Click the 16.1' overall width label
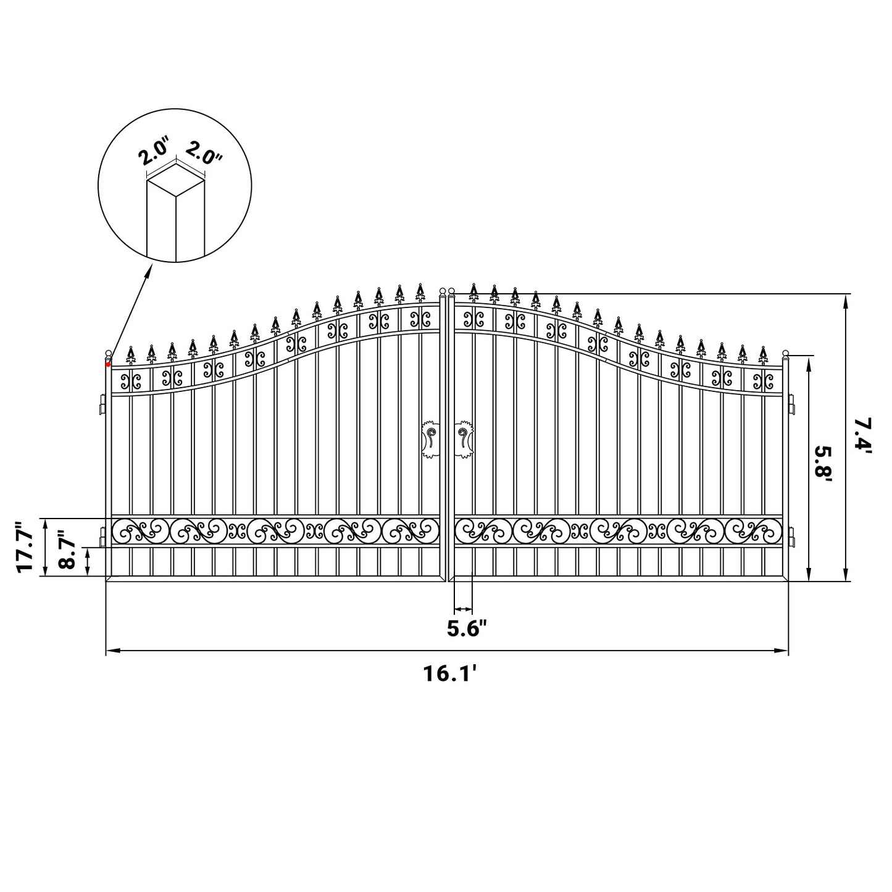pyautogui.click(x=450, y=673)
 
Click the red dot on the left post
pyautogui.click(x=108, y=365)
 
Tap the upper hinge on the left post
pyautogui.click(x=101, y=406)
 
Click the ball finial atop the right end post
pyautogui.click(x=786, y=354)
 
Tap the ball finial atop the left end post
pyautogui.click(x=109, y=353)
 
